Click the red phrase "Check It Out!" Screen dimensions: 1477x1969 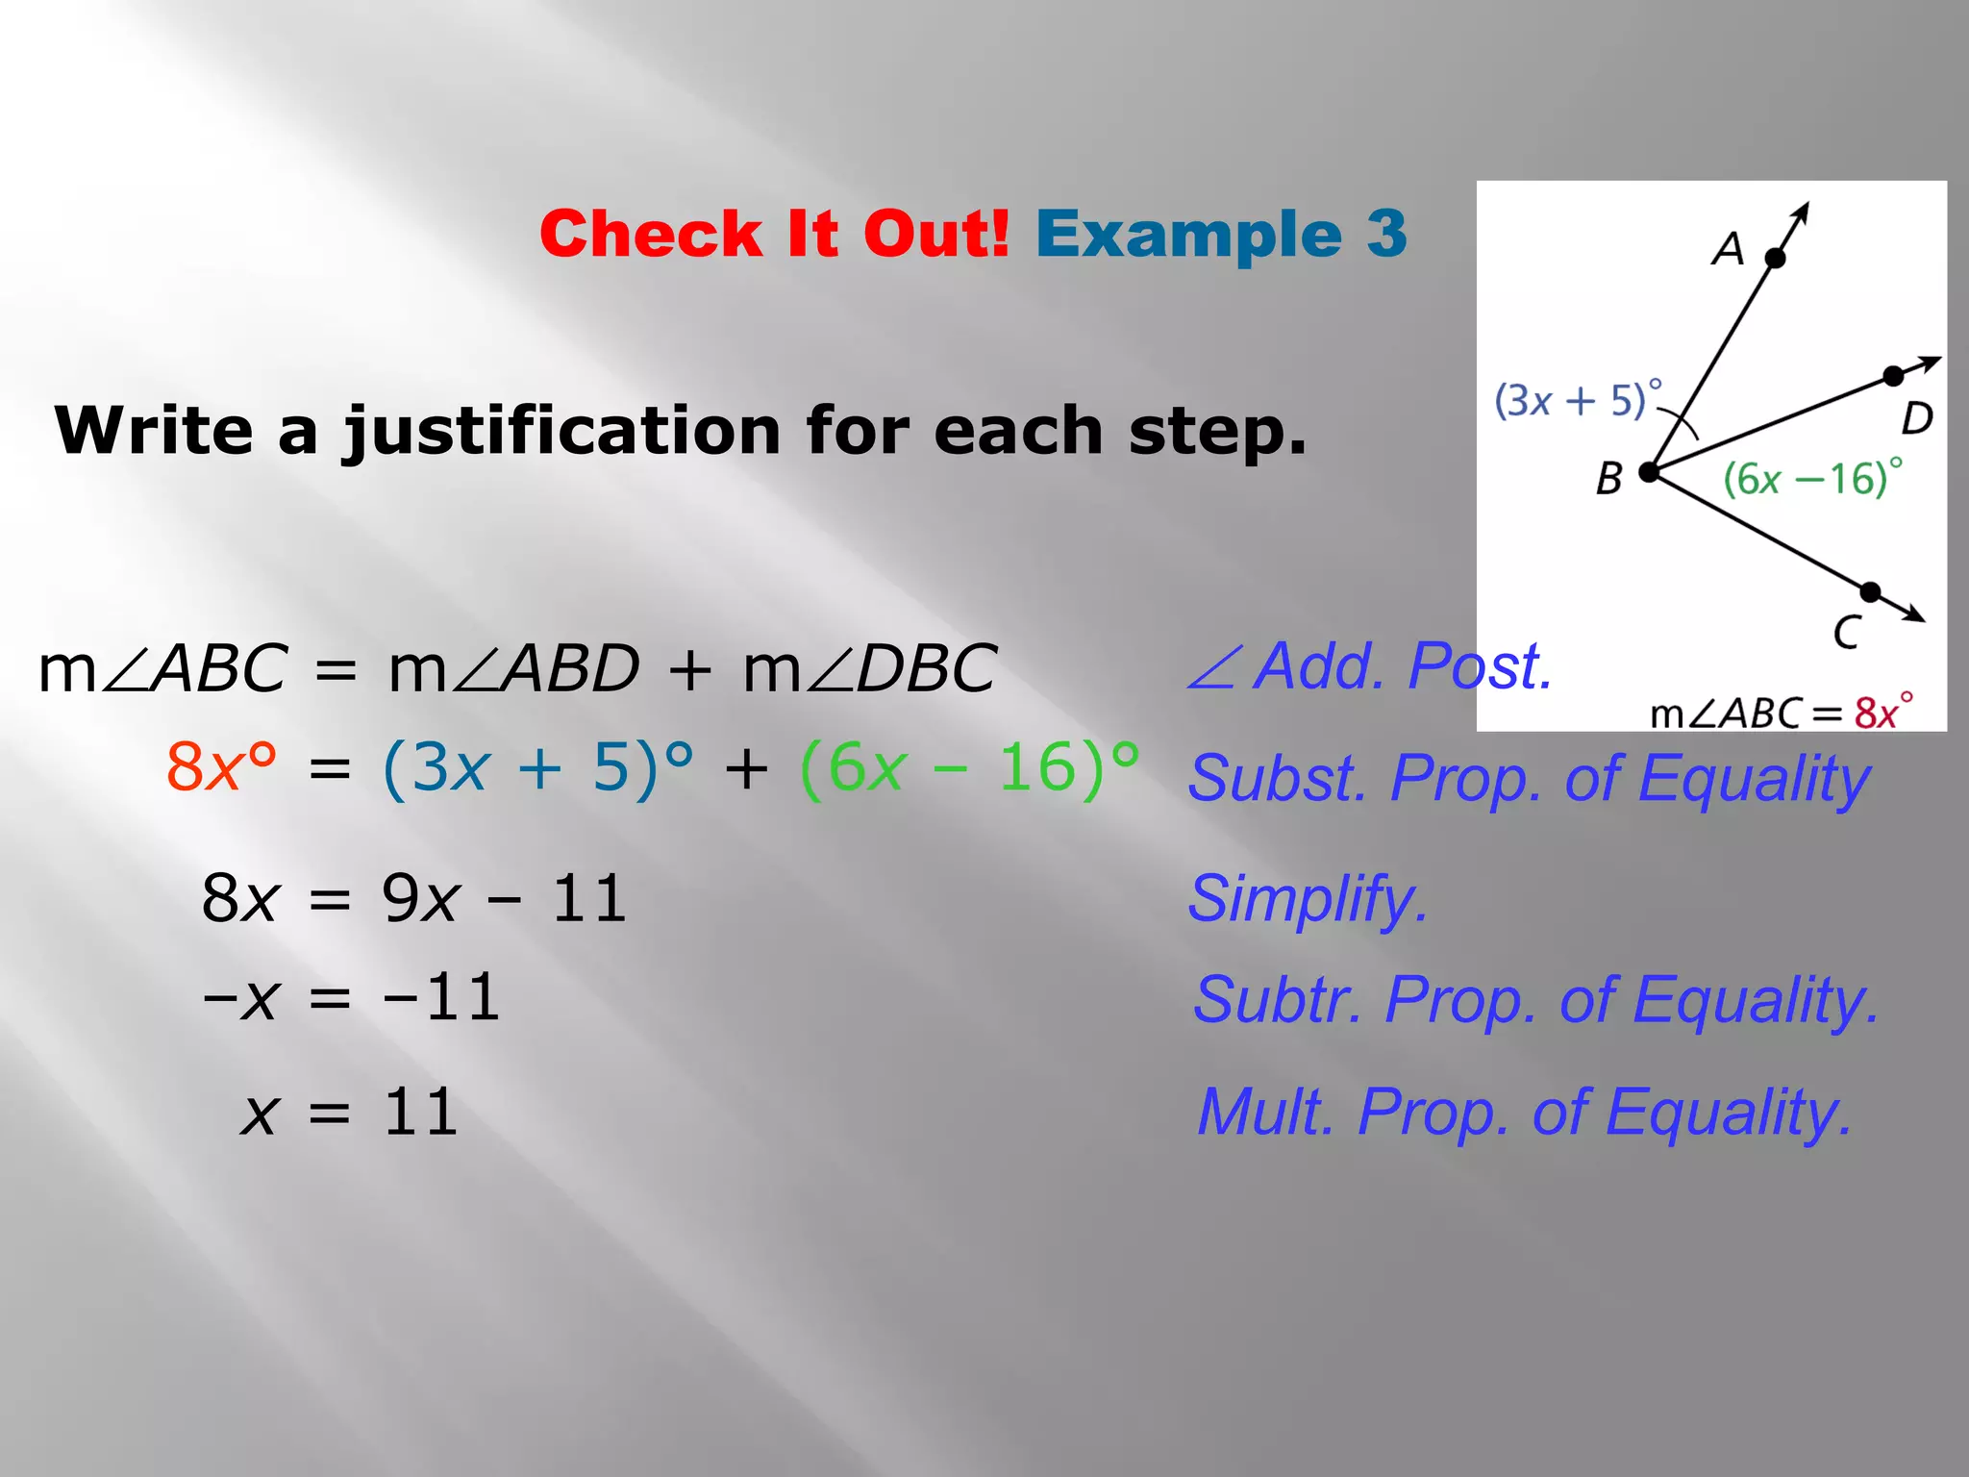point(774,234)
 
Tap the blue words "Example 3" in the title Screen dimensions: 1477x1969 point(1220,234)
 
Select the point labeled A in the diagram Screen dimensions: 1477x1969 point(1776,258)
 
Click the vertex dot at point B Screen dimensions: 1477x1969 point(1649,472)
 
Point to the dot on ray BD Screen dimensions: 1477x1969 point(1893,376)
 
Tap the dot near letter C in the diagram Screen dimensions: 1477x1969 point(1870,591)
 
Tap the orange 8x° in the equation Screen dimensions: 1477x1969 point(221,767)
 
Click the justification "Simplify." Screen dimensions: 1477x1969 point(1308,899)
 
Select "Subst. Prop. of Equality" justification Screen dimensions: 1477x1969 point(1529,778)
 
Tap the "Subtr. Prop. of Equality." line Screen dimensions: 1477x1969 point(1535,1000)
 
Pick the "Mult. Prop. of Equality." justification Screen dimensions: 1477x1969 point(1525,1113)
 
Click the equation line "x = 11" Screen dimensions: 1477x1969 point(349,1113)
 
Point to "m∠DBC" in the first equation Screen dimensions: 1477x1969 point(870,668)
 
